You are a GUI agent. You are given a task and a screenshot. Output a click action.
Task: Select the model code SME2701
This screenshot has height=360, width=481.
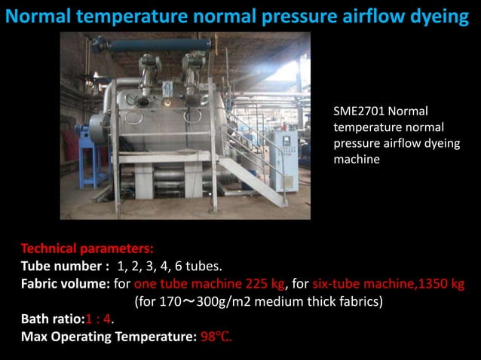359,111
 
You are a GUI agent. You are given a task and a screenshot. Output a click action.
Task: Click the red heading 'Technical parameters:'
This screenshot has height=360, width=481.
87,248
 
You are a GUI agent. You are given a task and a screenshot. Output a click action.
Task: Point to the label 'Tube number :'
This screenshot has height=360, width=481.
66,266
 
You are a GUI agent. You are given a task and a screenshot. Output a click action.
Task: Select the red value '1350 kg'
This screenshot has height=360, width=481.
440,284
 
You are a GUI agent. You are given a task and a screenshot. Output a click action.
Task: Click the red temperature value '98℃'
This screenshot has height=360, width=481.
216,336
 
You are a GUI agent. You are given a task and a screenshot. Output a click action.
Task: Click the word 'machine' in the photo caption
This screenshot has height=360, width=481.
356,160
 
